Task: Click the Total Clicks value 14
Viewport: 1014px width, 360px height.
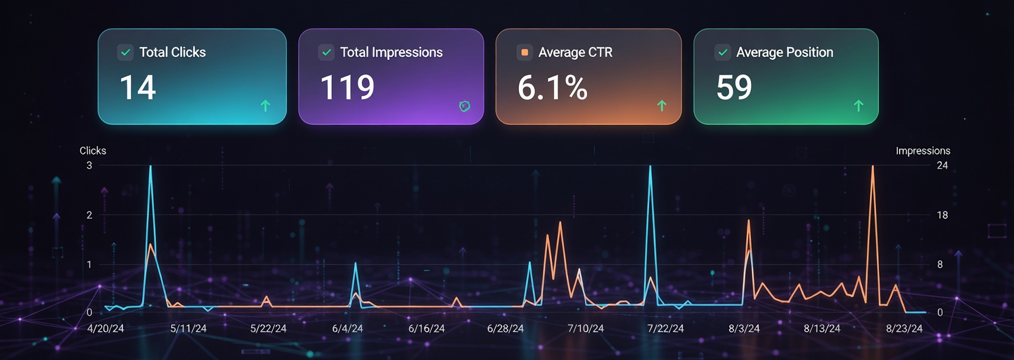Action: (137, 88)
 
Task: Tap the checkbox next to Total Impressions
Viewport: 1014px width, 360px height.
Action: (326, 52)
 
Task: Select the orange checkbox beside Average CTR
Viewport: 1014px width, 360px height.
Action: (524, 52)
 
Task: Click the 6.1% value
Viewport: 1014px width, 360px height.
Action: (552, 88)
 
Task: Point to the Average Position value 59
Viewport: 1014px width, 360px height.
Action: (734, 88)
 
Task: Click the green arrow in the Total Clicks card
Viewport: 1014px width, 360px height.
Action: (265, 106)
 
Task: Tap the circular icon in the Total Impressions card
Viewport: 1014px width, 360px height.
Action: (464, 106)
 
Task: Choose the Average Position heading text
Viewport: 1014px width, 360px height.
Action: (784, 52)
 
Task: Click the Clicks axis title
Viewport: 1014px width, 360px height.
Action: (93, 151)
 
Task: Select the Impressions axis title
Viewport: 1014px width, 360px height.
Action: (922, 151)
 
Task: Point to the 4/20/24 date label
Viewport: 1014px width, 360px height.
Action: (105, 329)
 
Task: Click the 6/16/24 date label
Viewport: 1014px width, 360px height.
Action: (426, 329)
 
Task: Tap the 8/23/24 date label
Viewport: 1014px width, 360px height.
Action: (904, 329)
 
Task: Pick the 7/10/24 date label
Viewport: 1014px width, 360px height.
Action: (585, 329)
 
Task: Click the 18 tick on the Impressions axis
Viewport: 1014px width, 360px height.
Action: (942, 215)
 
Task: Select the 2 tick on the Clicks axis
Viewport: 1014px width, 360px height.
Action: (89, 215)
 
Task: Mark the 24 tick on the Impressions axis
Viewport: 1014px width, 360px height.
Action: (942, 166)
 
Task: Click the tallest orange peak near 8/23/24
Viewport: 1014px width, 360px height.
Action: (872, 168)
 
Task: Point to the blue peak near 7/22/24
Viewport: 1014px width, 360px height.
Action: (650, 168)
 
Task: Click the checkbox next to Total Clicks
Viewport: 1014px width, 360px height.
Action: (126, 52)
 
